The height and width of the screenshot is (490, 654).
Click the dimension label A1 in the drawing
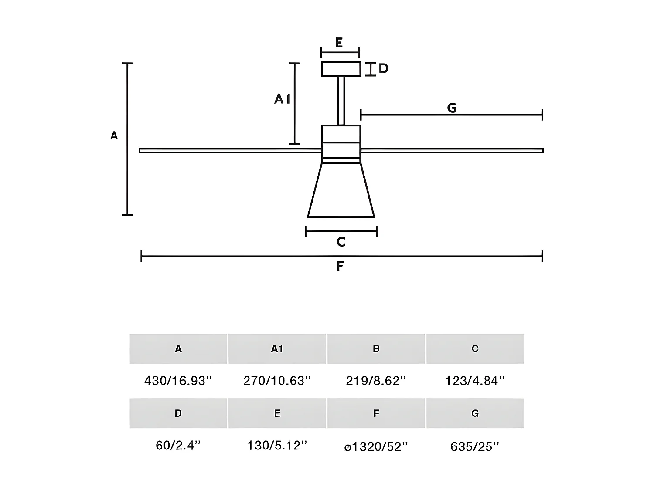pos(282,100)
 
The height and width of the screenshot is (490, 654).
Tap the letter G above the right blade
pos(452,108)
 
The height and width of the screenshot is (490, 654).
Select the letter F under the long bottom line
pos(340,267)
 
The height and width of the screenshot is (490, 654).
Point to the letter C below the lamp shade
pos(341,242)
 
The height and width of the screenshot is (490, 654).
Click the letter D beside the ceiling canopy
pos(383,69)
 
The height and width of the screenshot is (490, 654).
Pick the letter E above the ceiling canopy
pos(339,43)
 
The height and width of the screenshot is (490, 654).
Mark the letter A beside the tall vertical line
pos(114,136)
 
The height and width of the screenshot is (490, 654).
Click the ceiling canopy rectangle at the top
pos(341,69)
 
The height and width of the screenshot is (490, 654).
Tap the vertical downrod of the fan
pos(341,101)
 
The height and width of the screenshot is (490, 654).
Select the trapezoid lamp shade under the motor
pos(341,192)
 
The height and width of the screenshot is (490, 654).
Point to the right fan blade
pos(452,151)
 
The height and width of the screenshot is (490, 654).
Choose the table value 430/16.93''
pos(178,381)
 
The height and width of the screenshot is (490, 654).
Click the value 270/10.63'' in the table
pos(277,381)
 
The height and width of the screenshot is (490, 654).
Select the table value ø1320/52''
pos(376,446)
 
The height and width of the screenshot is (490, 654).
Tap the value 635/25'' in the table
pos(475,446)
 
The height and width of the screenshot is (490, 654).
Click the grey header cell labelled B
pos(376,348)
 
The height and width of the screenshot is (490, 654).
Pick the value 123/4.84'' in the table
pos(475,381)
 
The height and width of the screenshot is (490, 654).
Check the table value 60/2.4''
pos(178,446)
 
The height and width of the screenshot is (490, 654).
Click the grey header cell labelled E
pos(277,413)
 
